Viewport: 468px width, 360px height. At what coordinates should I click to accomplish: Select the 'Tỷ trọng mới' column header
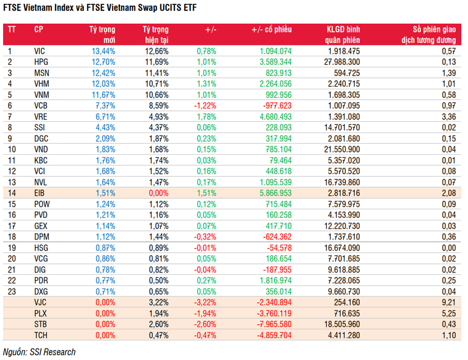coord(102,34)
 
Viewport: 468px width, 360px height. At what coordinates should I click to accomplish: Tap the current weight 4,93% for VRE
coord(156,116)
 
